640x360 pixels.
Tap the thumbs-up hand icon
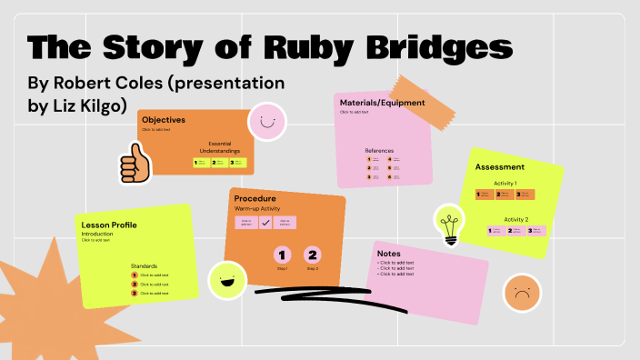(135, 164)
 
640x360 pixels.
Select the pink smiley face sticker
(265, 120)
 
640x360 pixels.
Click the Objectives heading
(164, 120)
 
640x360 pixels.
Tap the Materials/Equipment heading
(382, 103)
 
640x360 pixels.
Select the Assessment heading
(500, 167)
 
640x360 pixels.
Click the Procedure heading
(255, 198)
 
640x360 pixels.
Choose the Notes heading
(389, 254)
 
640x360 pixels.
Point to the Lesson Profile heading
(109, 225)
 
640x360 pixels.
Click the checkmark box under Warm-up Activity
(265, 222)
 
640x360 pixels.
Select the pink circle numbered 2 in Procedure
(312, 255)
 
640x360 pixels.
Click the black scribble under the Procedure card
(309, 292)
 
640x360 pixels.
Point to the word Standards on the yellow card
(145, 265)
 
